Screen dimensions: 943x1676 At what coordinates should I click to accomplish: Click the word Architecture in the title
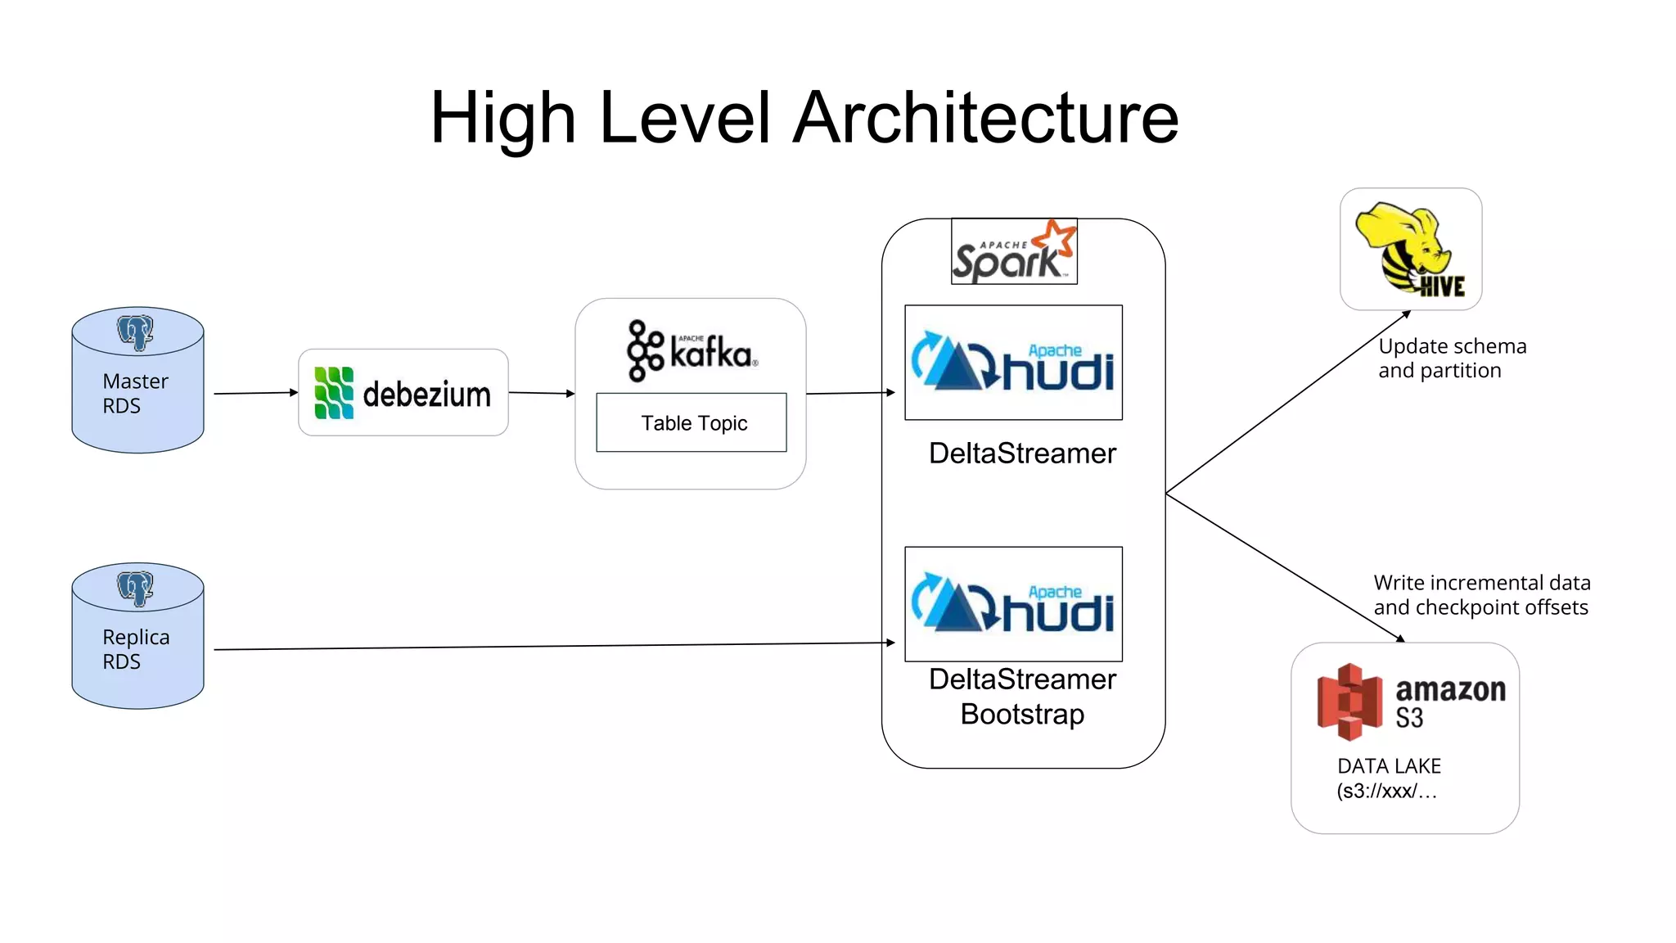[985, 118]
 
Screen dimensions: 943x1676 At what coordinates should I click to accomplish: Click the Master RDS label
[135, 394]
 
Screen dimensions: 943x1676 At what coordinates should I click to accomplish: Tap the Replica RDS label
[136, 649]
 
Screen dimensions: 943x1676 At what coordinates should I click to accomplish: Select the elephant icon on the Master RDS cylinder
[135, 332]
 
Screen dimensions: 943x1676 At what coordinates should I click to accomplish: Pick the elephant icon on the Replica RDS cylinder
[135, 588]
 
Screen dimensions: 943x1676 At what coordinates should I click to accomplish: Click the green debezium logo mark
[334, 393]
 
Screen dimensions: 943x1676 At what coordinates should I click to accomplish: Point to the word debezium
[426, 395]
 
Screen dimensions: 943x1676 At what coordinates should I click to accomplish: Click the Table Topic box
[692, 422]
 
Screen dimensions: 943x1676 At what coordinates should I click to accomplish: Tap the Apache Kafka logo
[692, 351]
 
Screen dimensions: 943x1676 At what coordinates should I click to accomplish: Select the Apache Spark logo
[1014, 251]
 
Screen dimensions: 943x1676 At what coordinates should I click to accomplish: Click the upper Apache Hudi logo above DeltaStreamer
[1013, 363]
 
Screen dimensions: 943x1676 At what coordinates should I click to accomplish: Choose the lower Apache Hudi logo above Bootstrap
[1013, 604]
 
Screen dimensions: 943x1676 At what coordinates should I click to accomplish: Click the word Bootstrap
[1022, 715]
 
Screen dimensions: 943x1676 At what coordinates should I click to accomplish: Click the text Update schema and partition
[1451, 359]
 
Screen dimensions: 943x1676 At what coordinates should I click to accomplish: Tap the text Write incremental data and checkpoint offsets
[1481, 595]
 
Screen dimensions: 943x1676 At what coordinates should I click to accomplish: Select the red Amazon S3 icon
[1349, 702]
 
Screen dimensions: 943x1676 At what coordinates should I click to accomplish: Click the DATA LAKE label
[1389, 766]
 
